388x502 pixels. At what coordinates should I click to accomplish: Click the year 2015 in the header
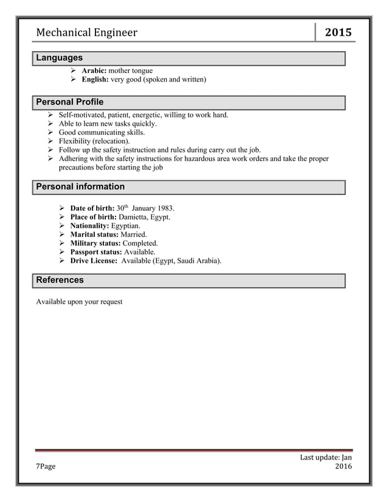coord(338,32)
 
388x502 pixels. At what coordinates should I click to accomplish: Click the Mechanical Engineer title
coord(86,33)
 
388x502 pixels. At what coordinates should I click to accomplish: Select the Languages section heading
coord(59,58)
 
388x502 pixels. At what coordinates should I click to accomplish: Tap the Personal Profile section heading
coord(70,101)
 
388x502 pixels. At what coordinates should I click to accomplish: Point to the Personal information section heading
coord(80,187)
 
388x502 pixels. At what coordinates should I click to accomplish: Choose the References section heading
coord(60,280)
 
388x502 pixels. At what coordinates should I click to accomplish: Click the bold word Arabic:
coord(94,71)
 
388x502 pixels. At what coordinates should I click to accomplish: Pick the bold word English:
coord(95,80)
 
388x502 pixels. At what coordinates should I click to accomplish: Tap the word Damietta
coord(133,217)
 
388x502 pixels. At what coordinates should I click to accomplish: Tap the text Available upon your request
coord(79,301)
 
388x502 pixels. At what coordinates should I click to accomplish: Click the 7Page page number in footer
coord(46,467)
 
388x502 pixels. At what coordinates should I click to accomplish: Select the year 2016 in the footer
coord(343,467)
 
